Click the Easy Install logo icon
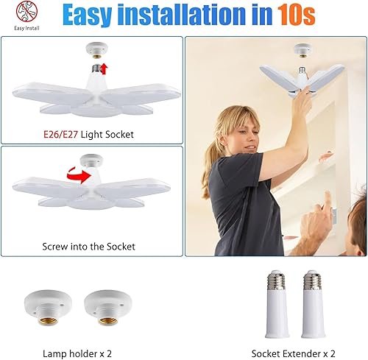coord(26,13)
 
